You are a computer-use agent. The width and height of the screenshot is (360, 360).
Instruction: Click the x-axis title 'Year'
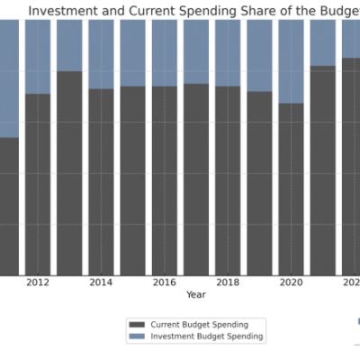(x=195, y=294)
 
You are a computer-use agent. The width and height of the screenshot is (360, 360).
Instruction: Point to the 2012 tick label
(x=38, y=283)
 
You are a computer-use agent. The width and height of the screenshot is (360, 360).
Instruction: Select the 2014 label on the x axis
(x=101, y=283)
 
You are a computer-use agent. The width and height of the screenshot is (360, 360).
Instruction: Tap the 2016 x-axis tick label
(x=164, y=283)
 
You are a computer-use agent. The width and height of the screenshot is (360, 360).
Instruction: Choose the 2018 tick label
(x=228, y=283)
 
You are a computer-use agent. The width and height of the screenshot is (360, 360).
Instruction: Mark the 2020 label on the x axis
(x=291, y=283)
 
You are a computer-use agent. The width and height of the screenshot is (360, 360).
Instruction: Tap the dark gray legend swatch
(x=137, y=324)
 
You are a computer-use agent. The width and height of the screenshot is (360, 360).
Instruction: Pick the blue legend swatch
(x=137, y=336)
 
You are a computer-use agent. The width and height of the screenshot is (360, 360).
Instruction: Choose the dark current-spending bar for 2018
(x=228, y=181)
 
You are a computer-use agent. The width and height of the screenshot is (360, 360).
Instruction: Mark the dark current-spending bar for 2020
(x=291, y=189)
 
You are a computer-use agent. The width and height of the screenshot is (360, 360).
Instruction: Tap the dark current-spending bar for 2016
(x=164, y=181)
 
